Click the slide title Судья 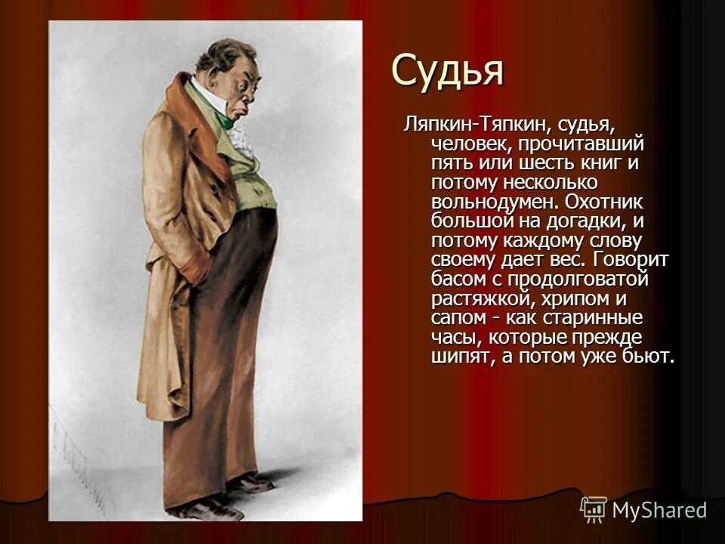pyautogui.click(x=447, y=72)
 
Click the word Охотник pyautogui.click(x=609, y=202)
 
